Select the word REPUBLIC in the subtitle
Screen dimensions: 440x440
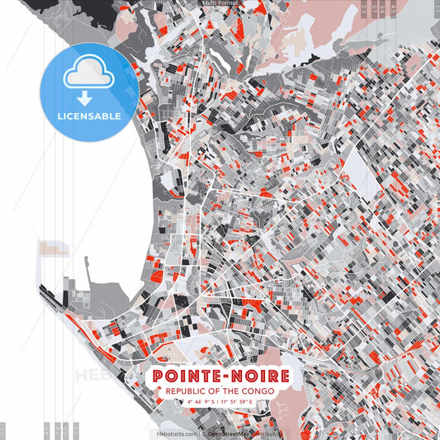click(187, 392)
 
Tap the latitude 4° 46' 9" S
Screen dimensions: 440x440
click(201, 404)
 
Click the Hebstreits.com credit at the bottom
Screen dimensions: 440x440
click(177, 433)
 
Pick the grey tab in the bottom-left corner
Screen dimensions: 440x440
click(2, 430)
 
